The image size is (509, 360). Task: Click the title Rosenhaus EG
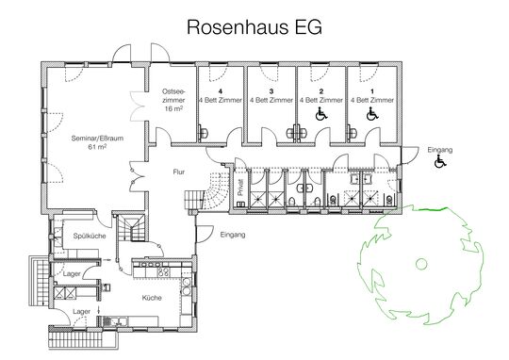click(x=254, y=27)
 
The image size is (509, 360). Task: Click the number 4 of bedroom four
click(x=219, y=91)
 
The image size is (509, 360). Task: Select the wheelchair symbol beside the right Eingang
click(x=439, y=164)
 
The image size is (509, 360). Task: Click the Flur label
click(x=179, y=172)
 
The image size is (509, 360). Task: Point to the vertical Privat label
click(x=240, y=189)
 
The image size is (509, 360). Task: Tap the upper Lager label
click(x=72, y=274)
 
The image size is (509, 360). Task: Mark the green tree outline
click(x=416, y=259)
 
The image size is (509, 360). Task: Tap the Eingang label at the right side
click(x=439, y=150)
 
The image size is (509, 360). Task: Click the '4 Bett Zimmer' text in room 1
click(x=370, y=100)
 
